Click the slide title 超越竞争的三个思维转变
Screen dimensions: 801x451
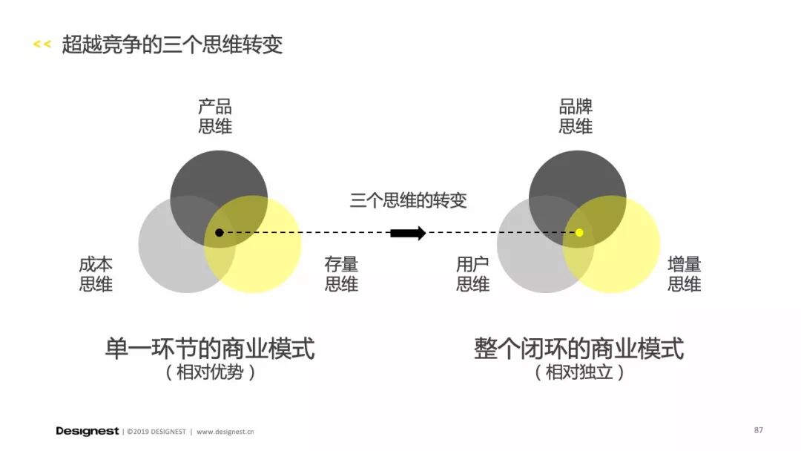[x=172, y=45]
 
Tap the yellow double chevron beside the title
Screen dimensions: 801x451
[x=42, y=45]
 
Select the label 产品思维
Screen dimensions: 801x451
[x=215, y=116]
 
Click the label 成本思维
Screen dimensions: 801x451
[x=96, y=274]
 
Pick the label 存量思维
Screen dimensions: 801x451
[x=341, y=274]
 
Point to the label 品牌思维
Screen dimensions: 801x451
[x=576, y=116]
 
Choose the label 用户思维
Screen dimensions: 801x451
[x=473, y=274]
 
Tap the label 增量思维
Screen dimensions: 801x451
[x=684, y=274]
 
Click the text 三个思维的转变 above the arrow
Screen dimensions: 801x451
[x=408, y=200]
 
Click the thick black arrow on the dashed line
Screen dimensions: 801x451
[x=408, y=233]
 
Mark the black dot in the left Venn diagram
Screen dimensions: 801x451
[x=219, y=233]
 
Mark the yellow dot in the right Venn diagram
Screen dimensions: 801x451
[x=579, y=233]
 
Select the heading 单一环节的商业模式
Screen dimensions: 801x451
[x=210, y=348]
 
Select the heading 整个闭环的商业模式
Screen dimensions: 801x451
[x=578, y=348]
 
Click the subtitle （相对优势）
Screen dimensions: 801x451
[x=210, y=372]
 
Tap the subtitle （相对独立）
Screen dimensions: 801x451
[x=578, y=372]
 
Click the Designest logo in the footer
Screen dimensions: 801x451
[x=87, y=431]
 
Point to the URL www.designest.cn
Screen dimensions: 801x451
[x=225, y=431]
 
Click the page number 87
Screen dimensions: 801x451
[x=758, y=430]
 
